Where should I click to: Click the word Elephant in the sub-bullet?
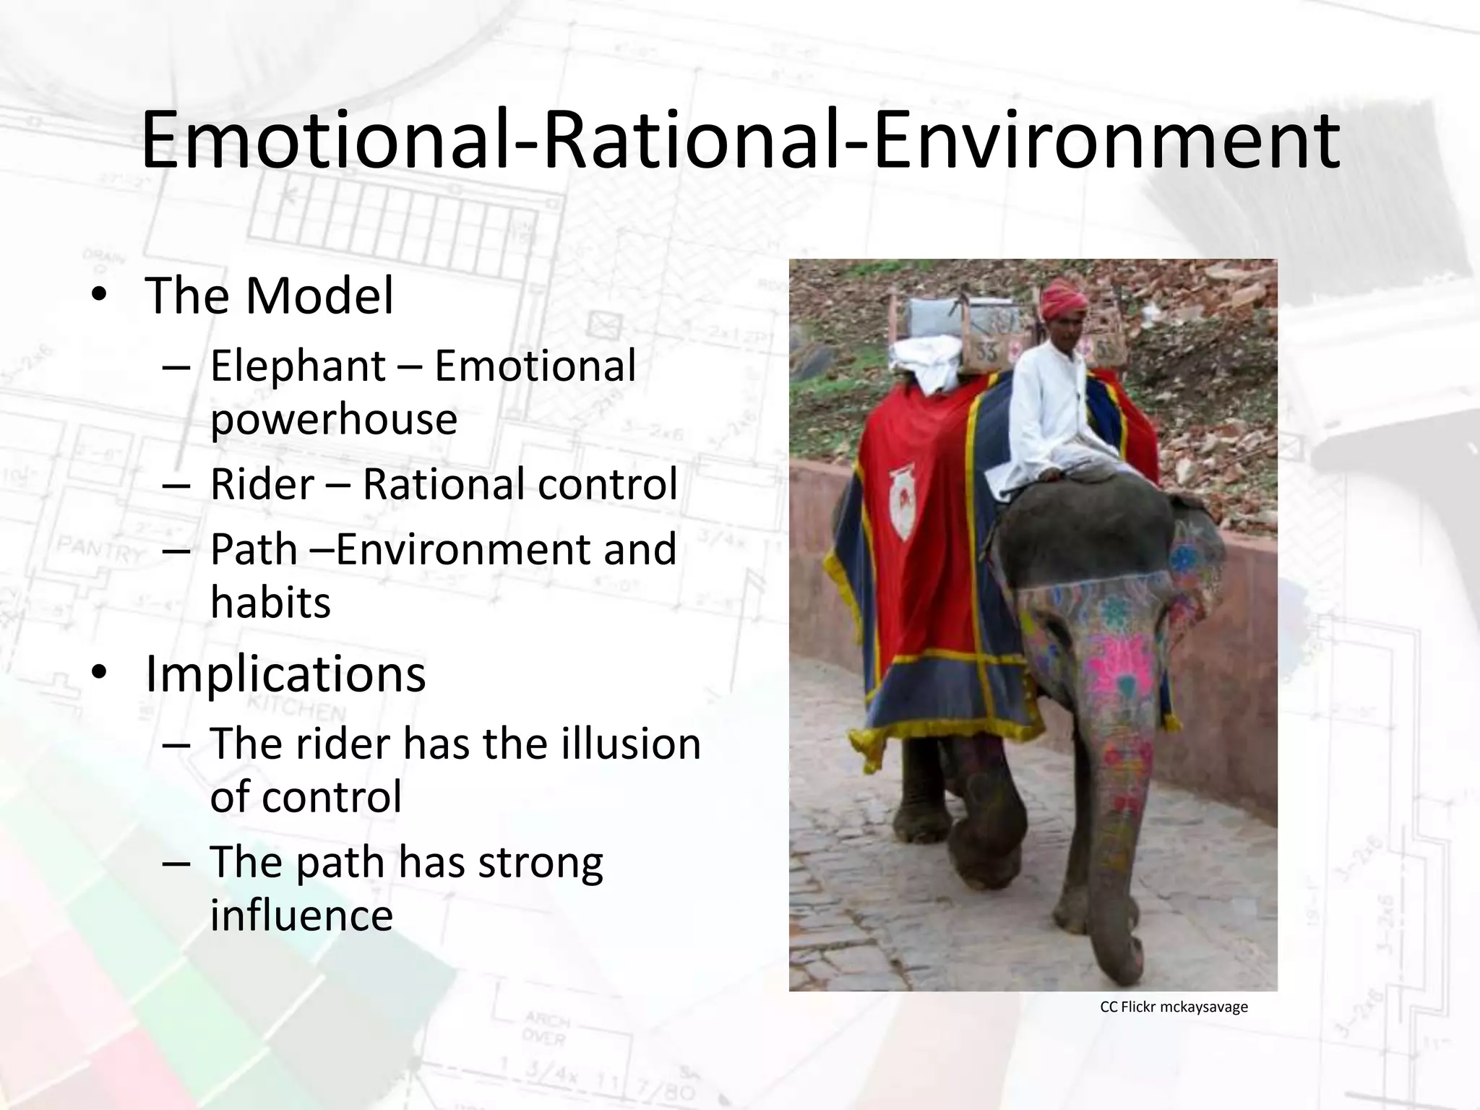pyautogui.click(x=298, y=365)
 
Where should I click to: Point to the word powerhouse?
pyautogui.click(x=333, y=419)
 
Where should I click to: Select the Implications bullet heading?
pyautogui.click(x=285, y=674)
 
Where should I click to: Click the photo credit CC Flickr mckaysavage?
pyautogui.click(x=1174, y=1007)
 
